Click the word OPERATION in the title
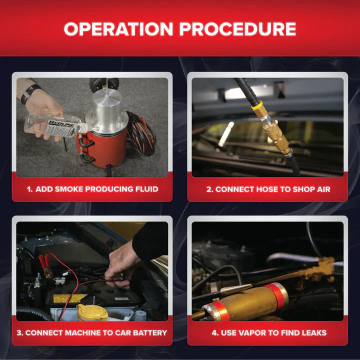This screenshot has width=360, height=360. coord(118,29)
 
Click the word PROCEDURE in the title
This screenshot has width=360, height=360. coord(237,29)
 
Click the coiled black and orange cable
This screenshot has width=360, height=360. coord(141,133)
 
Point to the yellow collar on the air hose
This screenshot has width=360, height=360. coord(257,105)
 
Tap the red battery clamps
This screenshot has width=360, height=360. coord(45,264)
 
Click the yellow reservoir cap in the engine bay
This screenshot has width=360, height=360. coord(92,312)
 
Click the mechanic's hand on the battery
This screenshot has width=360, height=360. coord(121,266)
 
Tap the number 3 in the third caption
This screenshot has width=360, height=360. coord(19,332)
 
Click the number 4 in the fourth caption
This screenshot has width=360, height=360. coord(214,332)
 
